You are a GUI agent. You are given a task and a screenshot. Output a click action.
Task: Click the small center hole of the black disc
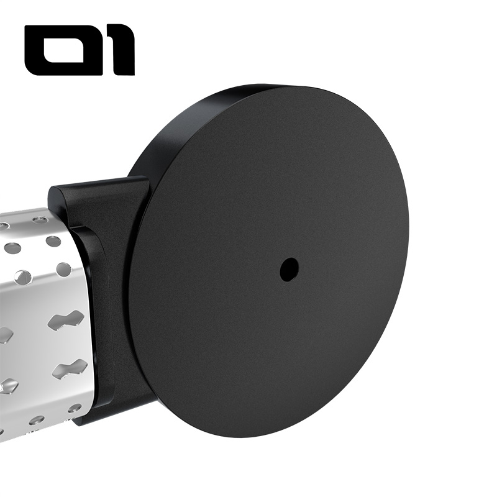pyautogui.click(x=289, y=269)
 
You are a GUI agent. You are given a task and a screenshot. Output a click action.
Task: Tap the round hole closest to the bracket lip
pyautogui.click(x=63, y=269)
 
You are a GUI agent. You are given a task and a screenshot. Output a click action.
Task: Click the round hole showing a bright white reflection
pyautogui.click(x=23, y=277)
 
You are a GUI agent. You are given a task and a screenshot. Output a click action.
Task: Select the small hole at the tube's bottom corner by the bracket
pyautogui.click(x=75, y=408)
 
